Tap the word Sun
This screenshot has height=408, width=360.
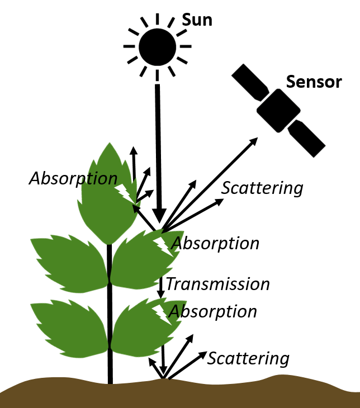[197, 20]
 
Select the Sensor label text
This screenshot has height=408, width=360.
[314, 82]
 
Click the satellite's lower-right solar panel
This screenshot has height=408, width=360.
[307, 138]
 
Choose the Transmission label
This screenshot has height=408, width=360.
[217, 284]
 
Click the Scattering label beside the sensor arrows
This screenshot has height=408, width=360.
[262, 188]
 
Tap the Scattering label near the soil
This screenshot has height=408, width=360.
[248, 358]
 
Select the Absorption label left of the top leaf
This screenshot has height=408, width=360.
[73, 178]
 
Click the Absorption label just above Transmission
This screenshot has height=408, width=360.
[215, 244]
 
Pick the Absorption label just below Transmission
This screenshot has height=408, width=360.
[213, 311]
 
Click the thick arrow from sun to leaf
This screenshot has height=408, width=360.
[159, 151]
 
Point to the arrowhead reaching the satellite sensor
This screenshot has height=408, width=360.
[254, 140]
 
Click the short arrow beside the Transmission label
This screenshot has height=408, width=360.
[161, 286]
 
